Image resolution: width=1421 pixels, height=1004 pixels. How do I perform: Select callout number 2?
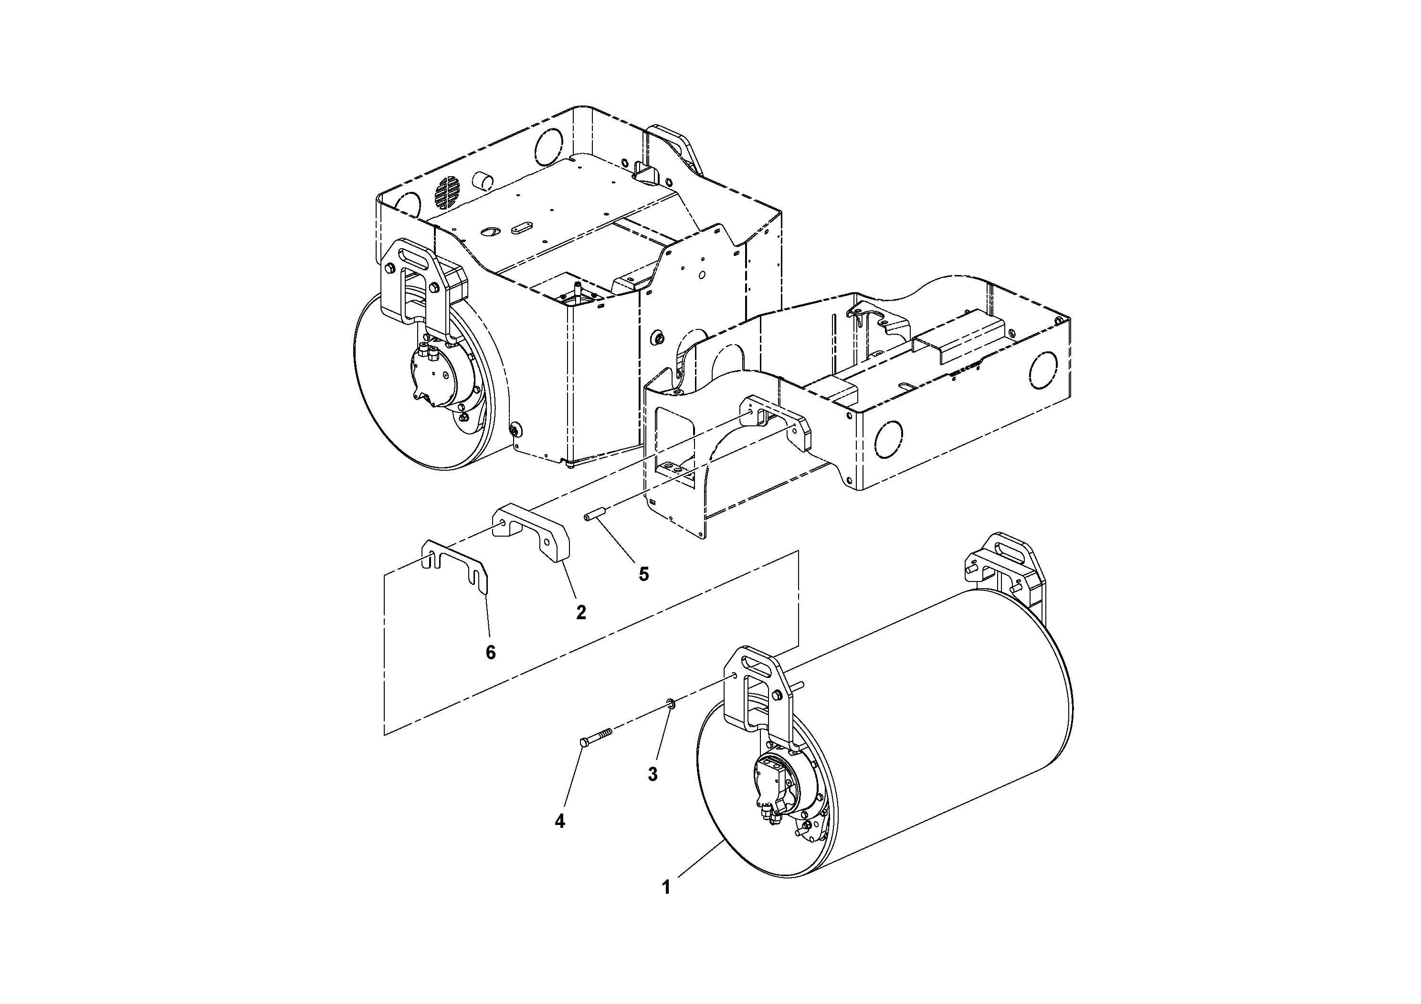[x=580, y=612]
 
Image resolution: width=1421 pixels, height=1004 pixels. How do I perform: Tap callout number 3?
[x=653, y=774]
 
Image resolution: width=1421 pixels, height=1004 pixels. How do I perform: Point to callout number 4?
[x=559, y=822]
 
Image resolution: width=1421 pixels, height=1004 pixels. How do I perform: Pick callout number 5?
[x=643, y=574]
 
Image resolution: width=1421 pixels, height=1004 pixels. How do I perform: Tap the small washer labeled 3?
[x=670, y=703]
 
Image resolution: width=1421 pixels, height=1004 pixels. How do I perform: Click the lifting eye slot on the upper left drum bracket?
[x=411, y=255]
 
